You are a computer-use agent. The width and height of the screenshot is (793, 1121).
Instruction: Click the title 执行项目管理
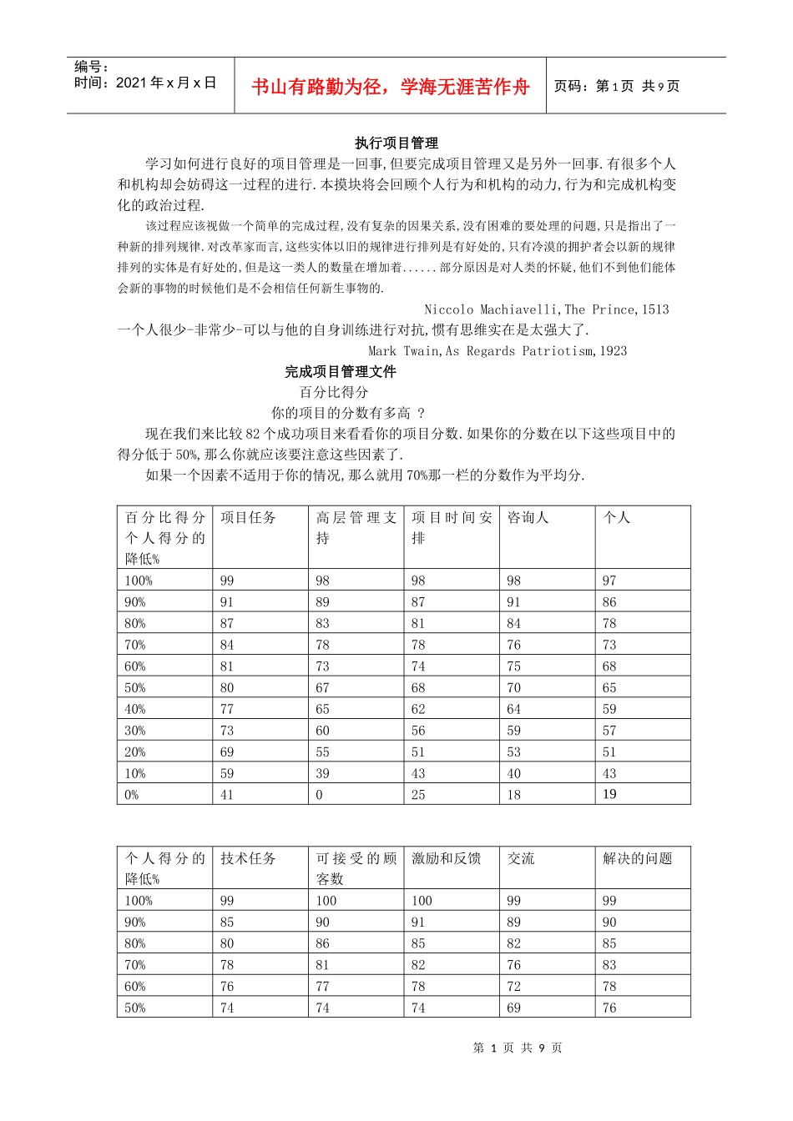(x=396, y=143)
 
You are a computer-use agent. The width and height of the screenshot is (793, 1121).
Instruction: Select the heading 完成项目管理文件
(x=340, y=371)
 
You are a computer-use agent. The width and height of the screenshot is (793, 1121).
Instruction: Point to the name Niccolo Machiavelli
(x=492, y=309)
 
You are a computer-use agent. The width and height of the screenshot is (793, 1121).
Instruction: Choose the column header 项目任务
(x=248, y=518)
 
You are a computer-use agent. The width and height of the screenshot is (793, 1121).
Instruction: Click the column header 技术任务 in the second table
(x=248, y=858)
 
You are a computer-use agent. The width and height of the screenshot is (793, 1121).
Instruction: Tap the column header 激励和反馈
(x=446, y=858)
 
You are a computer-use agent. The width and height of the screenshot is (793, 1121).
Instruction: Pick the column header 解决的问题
(x=637, y=858)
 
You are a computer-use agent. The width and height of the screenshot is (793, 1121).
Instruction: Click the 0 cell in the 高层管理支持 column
(x=319, y=795)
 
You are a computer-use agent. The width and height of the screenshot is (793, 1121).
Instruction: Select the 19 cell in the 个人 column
(x=609, y=794)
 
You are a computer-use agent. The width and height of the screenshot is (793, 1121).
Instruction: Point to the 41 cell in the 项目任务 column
(x=227, y=795)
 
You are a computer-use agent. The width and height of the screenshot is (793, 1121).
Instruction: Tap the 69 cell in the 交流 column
(x=513, y=1008)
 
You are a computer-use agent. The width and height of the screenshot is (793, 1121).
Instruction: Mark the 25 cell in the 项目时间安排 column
(x=418, y=795)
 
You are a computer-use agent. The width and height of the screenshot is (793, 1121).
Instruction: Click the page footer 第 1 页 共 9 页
(x=517, y=1048)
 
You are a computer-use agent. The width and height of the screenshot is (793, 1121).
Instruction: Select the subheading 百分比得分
(x=334, y=392)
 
